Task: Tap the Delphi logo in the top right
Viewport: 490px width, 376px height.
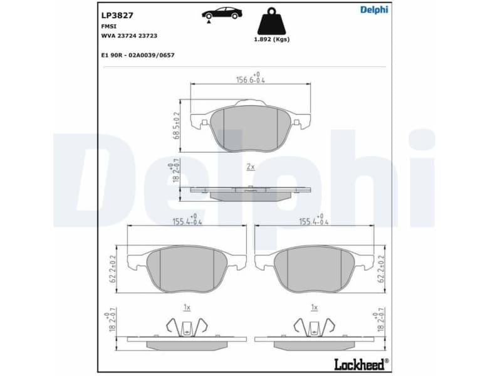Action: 373,9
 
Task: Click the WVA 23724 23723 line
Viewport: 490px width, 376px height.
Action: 129,36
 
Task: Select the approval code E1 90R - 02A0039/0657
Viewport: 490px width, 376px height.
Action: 138,55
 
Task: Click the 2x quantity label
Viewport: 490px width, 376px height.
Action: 250,167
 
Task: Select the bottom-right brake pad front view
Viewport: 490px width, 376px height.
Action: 315,268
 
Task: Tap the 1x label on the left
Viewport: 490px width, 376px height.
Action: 186,307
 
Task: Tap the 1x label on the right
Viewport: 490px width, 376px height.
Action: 315,307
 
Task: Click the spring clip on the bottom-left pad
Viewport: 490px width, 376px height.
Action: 186,326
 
